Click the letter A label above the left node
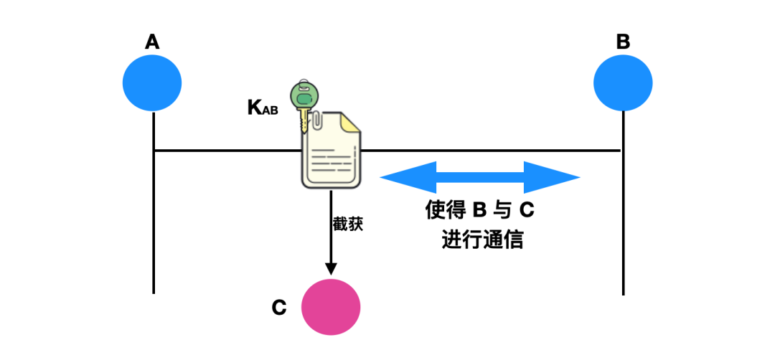(x=152, y=42)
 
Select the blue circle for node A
(x=152, y=83)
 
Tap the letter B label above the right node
(x=623, y=42)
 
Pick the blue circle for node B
(x=623, y=83)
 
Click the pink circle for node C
(x=330, y=307)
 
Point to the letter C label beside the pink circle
(x=279, y=308)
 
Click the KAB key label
(x=263, y=108)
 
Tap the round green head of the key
(x=304, y=95)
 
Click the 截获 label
(x=348, y=224)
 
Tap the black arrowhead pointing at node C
(x=331, y=269)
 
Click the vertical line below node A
(x=154, y=215)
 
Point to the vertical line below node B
(x=623, y=215)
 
